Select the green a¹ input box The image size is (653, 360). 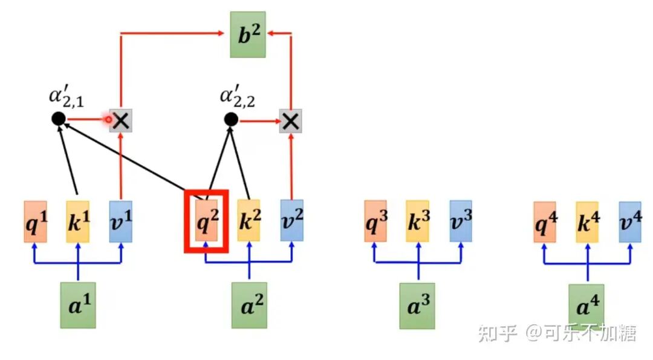click(77, 304)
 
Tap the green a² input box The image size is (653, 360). click(249, 306)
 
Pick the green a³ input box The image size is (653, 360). click(417, 306)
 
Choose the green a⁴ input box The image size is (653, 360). click(586, 306)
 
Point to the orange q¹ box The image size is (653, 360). click(36, 221)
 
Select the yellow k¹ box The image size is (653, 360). click(78, 221)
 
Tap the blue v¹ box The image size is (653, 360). click(121, 221)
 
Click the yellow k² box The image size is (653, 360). click(249, 221)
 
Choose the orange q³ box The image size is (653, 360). click(375, 221)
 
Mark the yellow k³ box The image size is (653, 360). click(418, 221)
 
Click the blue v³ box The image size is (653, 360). click(460, 221)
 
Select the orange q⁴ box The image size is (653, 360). click(544, 222)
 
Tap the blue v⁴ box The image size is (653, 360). click(629, 222)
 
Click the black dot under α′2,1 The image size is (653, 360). click(58, 119)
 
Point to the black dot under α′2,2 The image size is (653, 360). click(230, 120)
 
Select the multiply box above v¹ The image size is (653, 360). click(122, 120)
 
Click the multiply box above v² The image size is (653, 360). click(291, 122)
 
